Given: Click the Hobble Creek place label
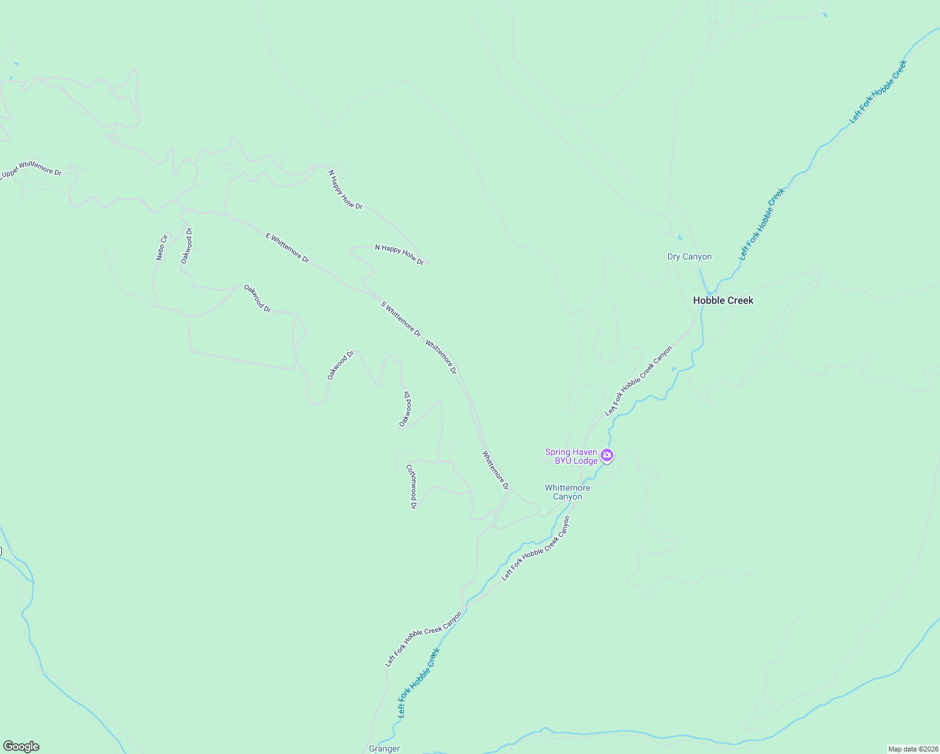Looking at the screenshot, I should [723, 300].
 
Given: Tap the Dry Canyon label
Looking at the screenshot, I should [689, 256].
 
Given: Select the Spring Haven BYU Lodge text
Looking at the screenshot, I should [571, 456].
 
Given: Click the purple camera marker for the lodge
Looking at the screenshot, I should [606, 456].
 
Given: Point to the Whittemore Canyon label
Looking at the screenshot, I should [567, 492].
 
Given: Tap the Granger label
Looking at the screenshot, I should [384, 748].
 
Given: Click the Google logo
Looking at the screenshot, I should [21, 746].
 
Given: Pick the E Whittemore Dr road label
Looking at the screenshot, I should [287, 248].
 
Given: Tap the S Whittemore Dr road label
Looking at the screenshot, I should [400, 319].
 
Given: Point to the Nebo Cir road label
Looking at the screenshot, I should [162, 247].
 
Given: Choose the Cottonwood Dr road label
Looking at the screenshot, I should [412, 486].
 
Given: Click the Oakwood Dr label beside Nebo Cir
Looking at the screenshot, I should [187, 246].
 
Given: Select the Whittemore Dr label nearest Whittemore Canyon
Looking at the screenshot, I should [495, 470].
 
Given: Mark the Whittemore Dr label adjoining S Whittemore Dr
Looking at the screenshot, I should [440, 357].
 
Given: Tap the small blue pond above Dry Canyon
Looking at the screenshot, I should [679, 238].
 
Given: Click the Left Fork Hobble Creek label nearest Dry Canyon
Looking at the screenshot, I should [762, 224].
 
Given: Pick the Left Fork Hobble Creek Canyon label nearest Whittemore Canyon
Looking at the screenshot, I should [536, 548].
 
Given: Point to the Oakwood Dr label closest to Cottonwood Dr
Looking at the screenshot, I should [405, 408].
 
